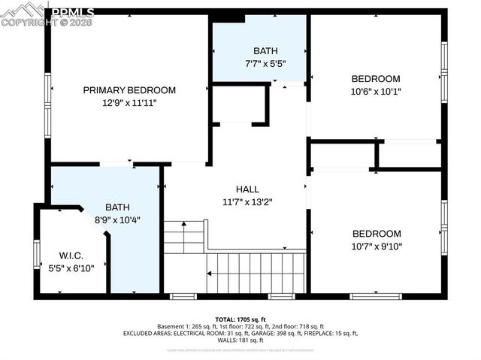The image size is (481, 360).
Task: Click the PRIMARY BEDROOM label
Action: [x=129, y=90]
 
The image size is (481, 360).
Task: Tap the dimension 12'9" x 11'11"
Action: [x=129, y=103]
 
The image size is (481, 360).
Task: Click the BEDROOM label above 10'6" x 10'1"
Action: [x=376, y=79]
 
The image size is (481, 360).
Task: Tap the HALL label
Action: [x=247, y=189]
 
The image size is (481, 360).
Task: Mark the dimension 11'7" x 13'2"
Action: [x=247, y=201]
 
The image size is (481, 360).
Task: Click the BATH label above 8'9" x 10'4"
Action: [x=116, y=207]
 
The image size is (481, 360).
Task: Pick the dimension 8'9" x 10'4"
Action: [x=116, y=220]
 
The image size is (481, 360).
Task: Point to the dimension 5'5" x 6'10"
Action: [x=71, y=267]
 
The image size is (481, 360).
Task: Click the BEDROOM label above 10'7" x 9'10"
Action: [x=376, y=234]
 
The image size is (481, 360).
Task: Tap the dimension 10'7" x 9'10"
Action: [x=376, y=246]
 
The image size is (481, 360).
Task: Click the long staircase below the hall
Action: [x=256, y=272]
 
